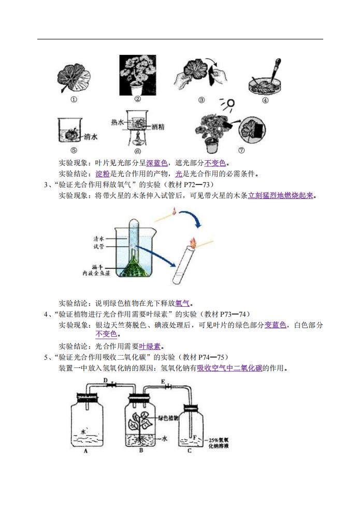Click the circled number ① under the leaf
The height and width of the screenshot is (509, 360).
pyautogui.click(x=74, y=100)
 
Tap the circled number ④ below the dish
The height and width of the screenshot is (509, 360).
pyautogui.click(x=265, y=101)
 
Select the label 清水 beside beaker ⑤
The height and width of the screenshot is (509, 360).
pyautogui.click(x=91, y=137)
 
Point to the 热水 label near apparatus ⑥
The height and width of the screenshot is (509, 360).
pyautogui.click(x=118, y=122)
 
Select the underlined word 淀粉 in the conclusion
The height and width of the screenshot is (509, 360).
pyautogui.click(x=103, y=174)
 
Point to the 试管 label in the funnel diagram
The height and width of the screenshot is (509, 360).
pyautogui.click(x=99, y=247)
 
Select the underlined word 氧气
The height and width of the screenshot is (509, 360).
pyautogui.click(x=182, y=303)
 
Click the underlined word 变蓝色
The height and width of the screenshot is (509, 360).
pyautogui.click(x=275, y=325)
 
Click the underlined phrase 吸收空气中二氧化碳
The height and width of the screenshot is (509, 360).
pyautogui.click(x=229, y=368)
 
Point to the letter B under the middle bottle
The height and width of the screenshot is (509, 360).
pyautogui.click(x=141, y=450)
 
